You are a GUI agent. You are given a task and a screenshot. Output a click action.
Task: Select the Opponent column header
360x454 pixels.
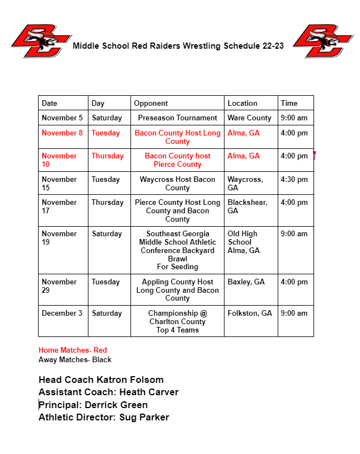tap(151, 103)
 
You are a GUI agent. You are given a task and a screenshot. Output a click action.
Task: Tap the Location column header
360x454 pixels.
tap(242, 103)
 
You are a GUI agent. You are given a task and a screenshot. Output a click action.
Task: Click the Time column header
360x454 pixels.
tap(289, 103)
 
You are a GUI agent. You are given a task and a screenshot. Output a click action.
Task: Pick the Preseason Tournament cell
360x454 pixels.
tap(177, 118)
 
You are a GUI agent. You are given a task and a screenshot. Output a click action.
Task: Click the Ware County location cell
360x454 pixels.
tap(249, 118)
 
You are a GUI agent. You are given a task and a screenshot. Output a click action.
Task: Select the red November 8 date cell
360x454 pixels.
tap(62, 133)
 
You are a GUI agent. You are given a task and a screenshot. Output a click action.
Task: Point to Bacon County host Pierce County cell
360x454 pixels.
tap(177, 160)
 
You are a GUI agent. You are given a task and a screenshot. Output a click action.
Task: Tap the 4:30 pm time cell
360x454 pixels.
tap(294, 179)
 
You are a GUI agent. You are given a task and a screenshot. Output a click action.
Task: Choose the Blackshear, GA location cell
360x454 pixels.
tap(247, 207)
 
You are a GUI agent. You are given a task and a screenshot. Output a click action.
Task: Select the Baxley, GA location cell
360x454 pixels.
tap(246, 282)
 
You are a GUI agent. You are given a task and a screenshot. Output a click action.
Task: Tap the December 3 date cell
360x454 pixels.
tap(62, 313)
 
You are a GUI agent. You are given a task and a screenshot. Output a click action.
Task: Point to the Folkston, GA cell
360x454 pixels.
tap(250, 313)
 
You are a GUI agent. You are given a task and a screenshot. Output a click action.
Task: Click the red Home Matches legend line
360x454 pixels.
tap(73, 350)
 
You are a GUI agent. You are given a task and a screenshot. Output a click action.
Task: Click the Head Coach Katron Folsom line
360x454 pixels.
tap(101, 380)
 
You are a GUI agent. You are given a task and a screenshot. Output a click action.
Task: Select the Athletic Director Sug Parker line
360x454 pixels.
tap(104, 417)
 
